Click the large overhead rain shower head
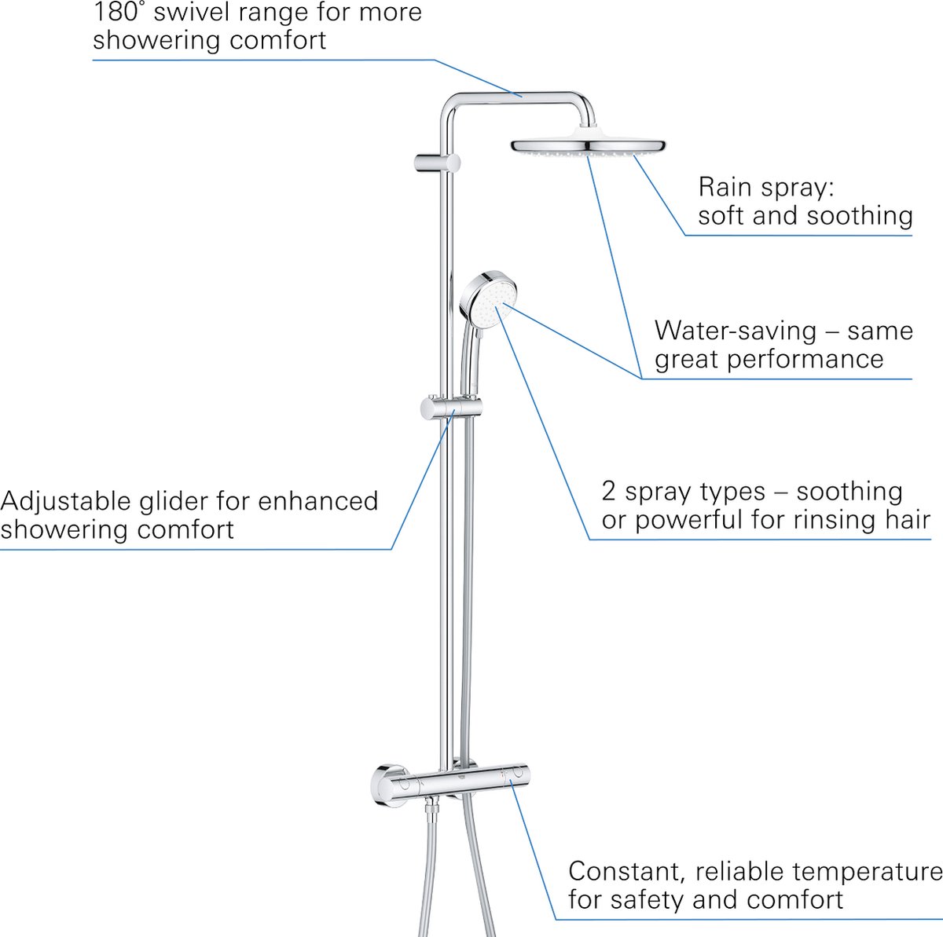[x=588, y=146]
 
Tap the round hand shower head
[x=486, y=301]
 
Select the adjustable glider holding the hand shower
[x=450, y=408]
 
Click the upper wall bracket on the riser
[x=437, y=163]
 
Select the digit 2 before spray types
[x=609, y=492]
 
